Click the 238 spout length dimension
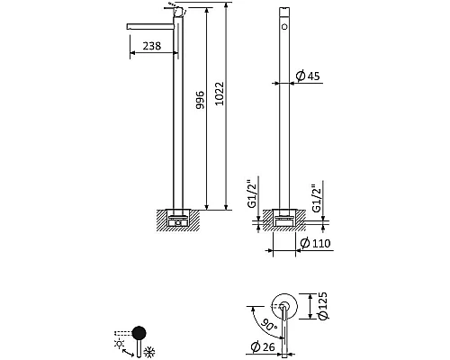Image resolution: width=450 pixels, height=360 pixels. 152,46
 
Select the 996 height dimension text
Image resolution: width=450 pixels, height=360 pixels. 200,100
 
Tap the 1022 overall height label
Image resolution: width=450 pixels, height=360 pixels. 220,94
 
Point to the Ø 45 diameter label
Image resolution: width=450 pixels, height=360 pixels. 308,76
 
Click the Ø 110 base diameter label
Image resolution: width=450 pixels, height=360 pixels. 315,243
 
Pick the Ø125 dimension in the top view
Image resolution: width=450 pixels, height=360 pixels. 322,306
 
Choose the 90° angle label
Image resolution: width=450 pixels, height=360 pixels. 268,325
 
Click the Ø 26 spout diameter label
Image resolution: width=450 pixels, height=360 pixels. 263,347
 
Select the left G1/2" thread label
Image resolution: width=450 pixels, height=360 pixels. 252,194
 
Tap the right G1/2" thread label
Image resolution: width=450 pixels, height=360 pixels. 317,198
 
